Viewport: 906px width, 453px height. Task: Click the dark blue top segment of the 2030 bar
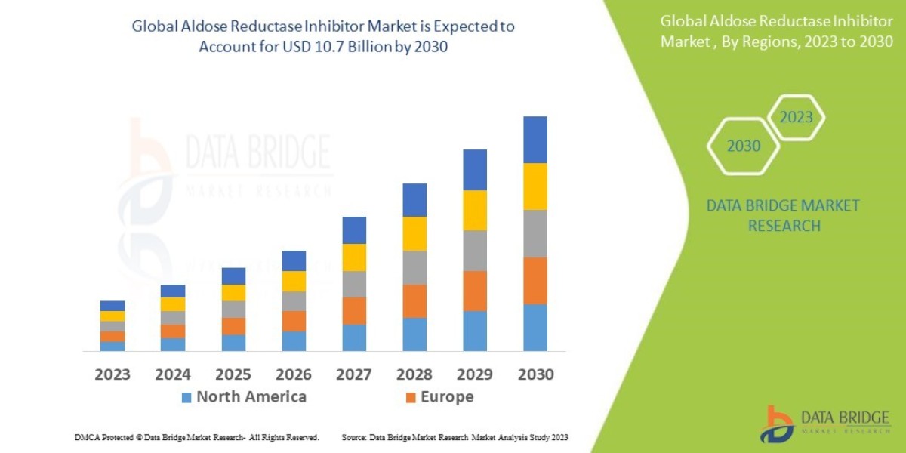click(535, 140)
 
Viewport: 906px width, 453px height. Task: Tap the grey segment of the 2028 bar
click(414, 267)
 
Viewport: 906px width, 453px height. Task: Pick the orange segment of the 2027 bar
click(354, 310)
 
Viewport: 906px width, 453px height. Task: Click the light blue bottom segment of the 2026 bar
click(294, 341)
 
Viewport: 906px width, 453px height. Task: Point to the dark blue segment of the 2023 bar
click(112, 306)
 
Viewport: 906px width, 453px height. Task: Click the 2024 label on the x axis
click(173, 374)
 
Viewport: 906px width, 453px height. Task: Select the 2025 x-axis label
click(233, 374)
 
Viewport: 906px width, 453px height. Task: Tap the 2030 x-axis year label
click(535, 374)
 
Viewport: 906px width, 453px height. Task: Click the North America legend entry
click(243, 397)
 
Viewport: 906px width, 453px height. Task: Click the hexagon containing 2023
click(796, 118)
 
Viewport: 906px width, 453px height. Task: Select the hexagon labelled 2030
click(744, 146)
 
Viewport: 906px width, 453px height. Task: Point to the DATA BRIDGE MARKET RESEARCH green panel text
click(782, 216)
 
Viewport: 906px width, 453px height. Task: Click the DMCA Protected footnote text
click(196, 437)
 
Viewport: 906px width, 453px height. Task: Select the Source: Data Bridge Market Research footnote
click(455, 437)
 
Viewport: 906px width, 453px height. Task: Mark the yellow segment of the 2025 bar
click(233, 293)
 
